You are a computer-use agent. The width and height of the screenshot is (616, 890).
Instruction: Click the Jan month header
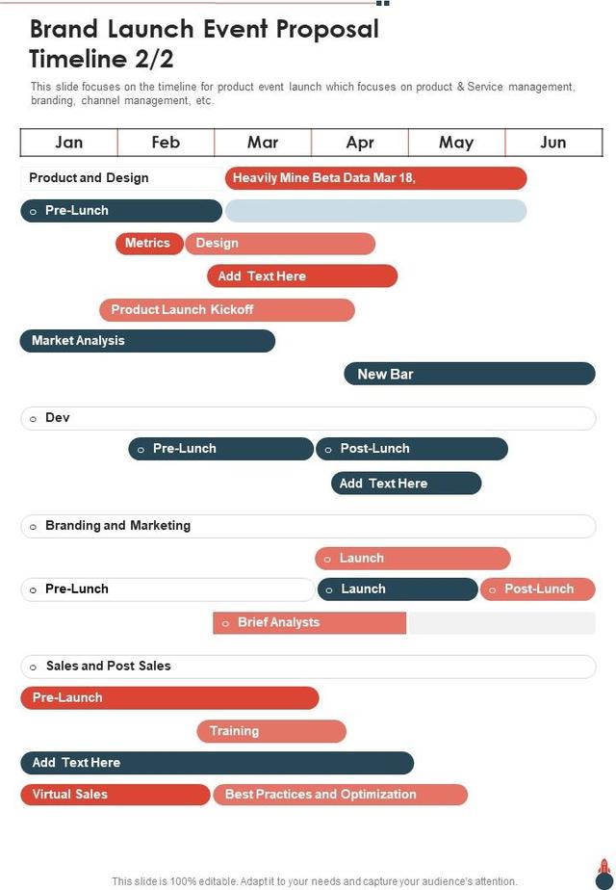69,143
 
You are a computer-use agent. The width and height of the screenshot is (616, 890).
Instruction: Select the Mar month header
263,143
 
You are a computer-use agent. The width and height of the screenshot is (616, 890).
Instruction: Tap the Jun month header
553,143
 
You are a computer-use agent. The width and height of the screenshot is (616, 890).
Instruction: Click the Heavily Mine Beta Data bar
375,178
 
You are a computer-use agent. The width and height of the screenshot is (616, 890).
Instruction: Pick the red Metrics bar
148,244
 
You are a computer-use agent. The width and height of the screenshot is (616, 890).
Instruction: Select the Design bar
279,244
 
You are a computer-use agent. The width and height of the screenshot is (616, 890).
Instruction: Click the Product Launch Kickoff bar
227,310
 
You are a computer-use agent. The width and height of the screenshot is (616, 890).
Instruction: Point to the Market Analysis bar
147,341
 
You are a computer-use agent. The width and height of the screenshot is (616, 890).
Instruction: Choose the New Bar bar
470,374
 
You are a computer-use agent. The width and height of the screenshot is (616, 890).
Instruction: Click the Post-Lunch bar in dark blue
411,449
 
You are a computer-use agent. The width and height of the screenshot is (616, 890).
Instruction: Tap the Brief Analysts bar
310,623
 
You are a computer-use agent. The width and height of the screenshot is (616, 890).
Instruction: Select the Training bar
271,731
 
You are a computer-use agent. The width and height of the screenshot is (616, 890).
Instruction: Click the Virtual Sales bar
115,795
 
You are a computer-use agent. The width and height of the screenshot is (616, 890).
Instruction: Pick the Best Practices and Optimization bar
340,795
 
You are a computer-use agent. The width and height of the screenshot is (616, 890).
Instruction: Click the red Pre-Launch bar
169,698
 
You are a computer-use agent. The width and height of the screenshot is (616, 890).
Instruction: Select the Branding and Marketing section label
117,526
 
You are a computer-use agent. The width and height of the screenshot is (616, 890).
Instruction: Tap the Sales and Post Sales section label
108,666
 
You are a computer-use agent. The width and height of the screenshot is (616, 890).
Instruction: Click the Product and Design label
89,178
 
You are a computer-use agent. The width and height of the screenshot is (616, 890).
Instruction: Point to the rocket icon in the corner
604,874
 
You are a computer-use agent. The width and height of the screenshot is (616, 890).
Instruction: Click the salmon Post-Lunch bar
537,589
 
